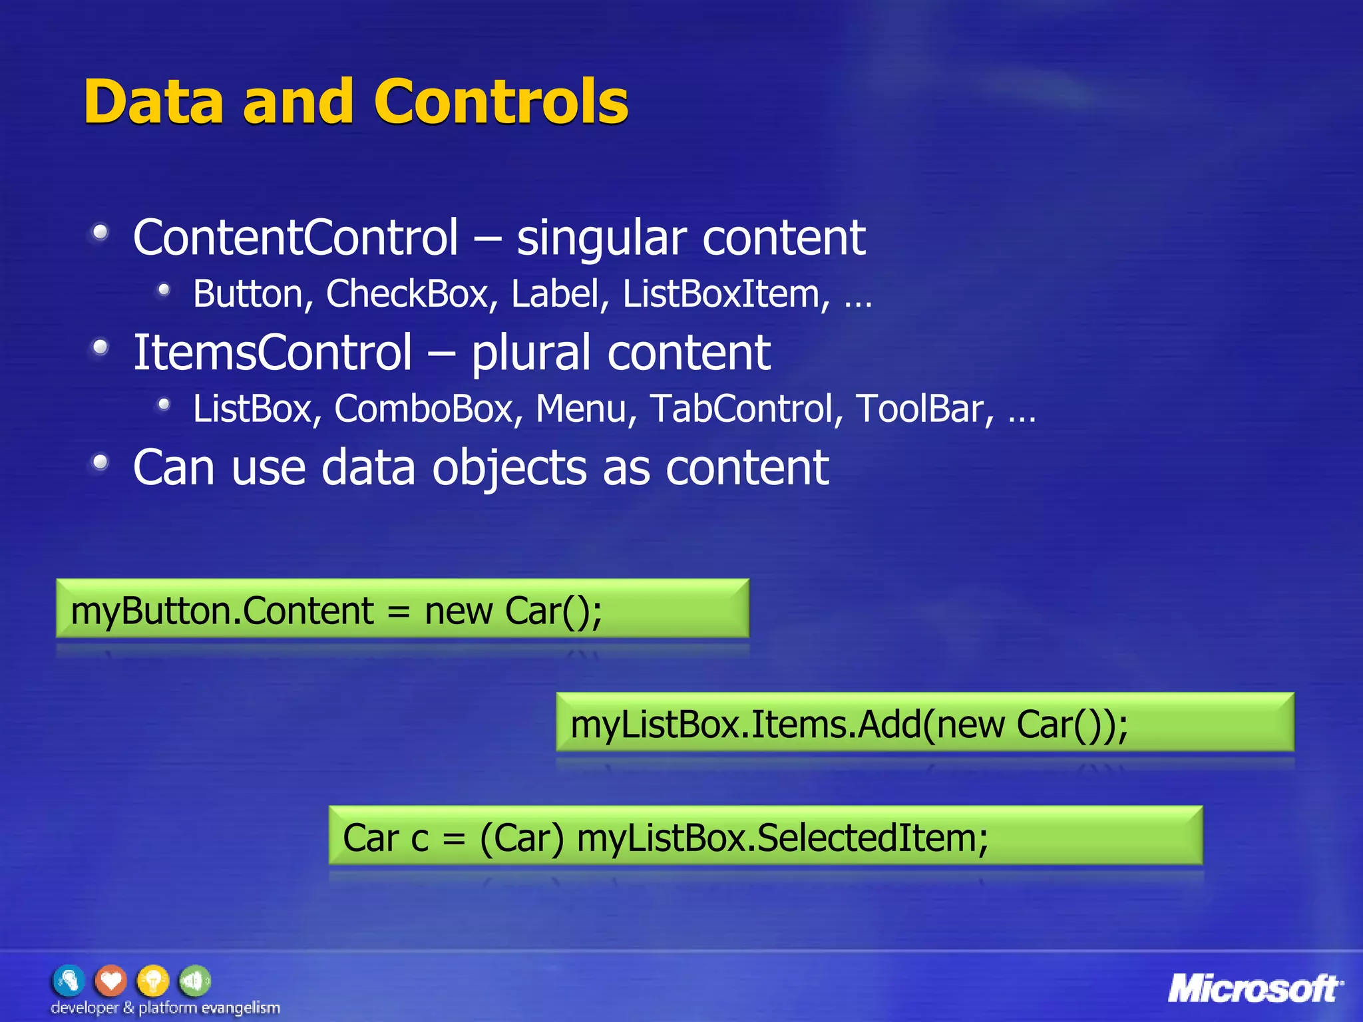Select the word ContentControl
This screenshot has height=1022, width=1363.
[295, 238]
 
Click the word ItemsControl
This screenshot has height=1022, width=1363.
[273, 352]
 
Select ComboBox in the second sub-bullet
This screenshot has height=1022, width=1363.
[424, 408]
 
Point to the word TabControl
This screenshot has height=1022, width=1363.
[741, 408]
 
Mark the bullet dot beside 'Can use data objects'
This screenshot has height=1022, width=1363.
[100, 462]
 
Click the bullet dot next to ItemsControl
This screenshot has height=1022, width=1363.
[100, 347]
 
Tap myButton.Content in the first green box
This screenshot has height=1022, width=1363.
[222, 611]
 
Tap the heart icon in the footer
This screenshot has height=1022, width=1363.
[110, 981]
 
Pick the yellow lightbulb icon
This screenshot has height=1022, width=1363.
[152, 981]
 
